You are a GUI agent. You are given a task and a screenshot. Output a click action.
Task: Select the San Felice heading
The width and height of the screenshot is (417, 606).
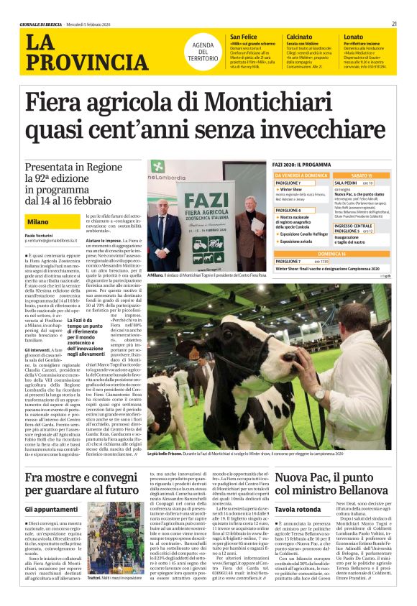click(x=243, y=36)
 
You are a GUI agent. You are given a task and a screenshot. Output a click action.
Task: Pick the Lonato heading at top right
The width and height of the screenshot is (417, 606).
click(x=353, y=36)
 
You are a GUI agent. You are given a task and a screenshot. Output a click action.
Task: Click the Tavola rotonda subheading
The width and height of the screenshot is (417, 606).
click(x=294, y=510)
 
